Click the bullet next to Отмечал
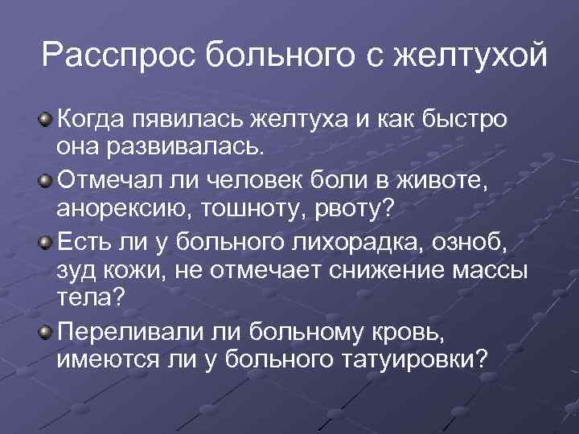(x=46, y=176)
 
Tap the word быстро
(x=466, y=121)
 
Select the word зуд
(x=80, y=269)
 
